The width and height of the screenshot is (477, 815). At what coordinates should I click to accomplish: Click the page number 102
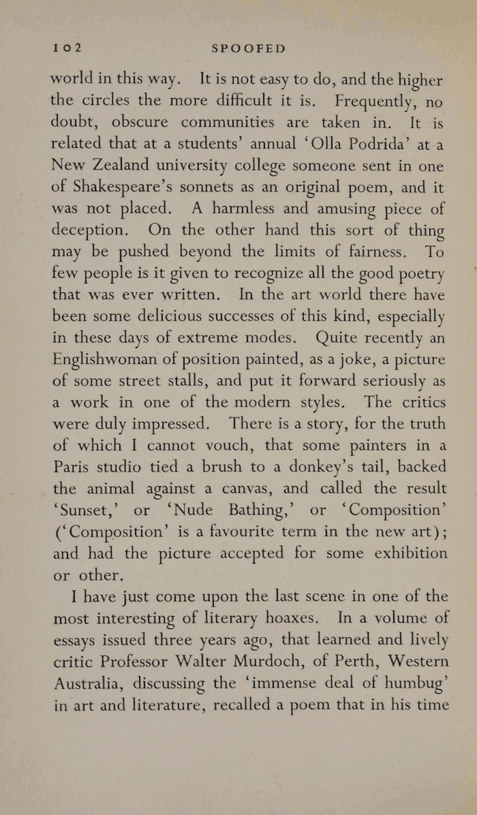(67, 48)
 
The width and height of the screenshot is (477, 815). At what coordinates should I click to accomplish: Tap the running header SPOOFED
(249, 48)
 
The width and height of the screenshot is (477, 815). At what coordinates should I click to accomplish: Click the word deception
(87, 231)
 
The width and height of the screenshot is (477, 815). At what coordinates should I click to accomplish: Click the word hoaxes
(305, 618)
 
